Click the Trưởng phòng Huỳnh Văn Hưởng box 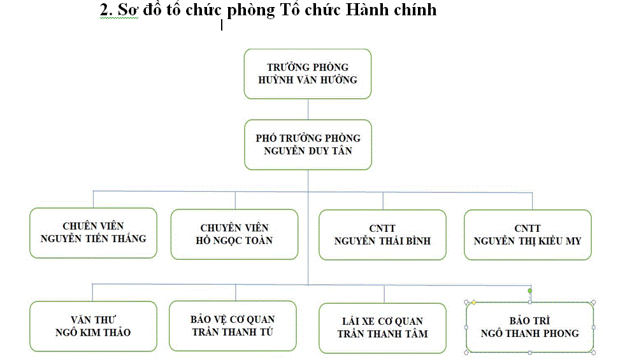tap(307, 73)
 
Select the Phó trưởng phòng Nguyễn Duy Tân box tap(307, 144)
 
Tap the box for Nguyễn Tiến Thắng tap(93, 233)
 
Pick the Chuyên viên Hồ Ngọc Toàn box tap(234, 234)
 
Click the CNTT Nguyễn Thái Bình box tap(382, 234)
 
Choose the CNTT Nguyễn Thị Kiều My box tap(528, 234)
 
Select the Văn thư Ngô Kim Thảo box tap(93, 326)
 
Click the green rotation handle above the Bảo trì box tap(530, 291)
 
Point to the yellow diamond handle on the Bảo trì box tap(474, 302)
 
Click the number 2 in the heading tap(104, 10)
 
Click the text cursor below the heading tap(222, 25)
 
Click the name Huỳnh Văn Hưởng tap(307, 80)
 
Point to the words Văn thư tap(93, 319)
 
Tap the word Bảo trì tap(529, 320)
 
